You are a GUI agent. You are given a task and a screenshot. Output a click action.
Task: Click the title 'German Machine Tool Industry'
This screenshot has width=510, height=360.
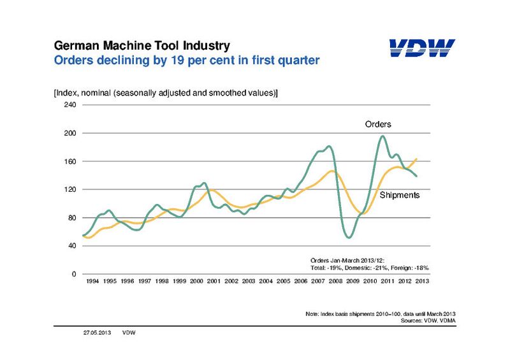138,46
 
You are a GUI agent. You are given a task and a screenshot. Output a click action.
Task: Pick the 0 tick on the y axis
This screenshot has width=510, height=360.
73,274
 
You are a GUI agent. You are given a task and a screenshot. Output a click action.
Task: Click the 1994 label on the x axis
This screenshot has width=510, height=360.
92,281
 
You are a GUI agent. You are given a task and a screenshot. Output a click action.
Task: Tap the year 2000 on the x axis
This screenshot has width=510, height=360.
197,281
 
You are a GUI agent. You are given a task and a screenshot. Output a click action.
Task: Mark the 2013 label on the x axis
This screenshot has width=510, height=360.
422,281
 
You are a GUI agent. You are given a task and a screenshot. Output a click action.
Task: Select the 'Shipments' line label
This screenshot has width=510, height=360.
399,195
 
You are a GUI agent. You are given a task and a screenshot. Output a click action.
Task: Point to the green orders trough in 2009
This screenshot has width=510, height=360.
349,237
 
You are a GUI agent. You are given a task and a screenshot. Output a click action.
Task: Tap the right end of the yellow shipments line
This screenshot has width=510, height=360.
416,159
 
